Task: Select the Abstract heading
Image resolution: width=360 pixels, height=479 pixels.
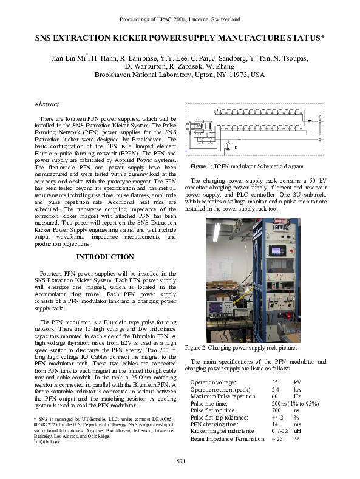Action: tap(47, 104)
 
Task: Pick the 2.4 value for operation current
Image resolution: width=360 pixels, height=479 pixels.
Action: tap(276, 389)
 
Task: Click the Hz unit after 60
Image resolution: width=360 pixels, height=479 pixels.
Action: tap(297, 396)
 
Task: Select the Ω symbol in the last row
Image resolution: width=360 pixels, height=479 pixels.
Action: tap(296, 438)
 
